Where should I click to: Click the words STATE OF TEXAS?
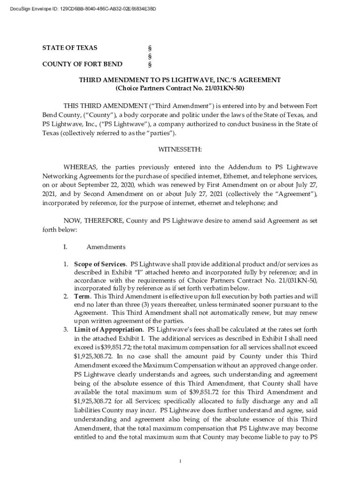[70, 48]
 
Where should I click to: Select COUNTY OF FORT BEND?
[82, 64]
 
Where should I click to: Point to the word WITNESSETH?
[180, 149]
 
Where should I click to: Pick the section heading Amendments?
[106, 247]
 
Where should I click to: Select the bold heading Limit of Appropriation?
[108, 329]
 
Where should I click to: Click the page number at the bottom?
[180, 461]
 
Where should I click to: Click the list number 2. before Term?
[66, 297]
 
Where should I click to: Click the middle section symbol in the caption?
[150, 56]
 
